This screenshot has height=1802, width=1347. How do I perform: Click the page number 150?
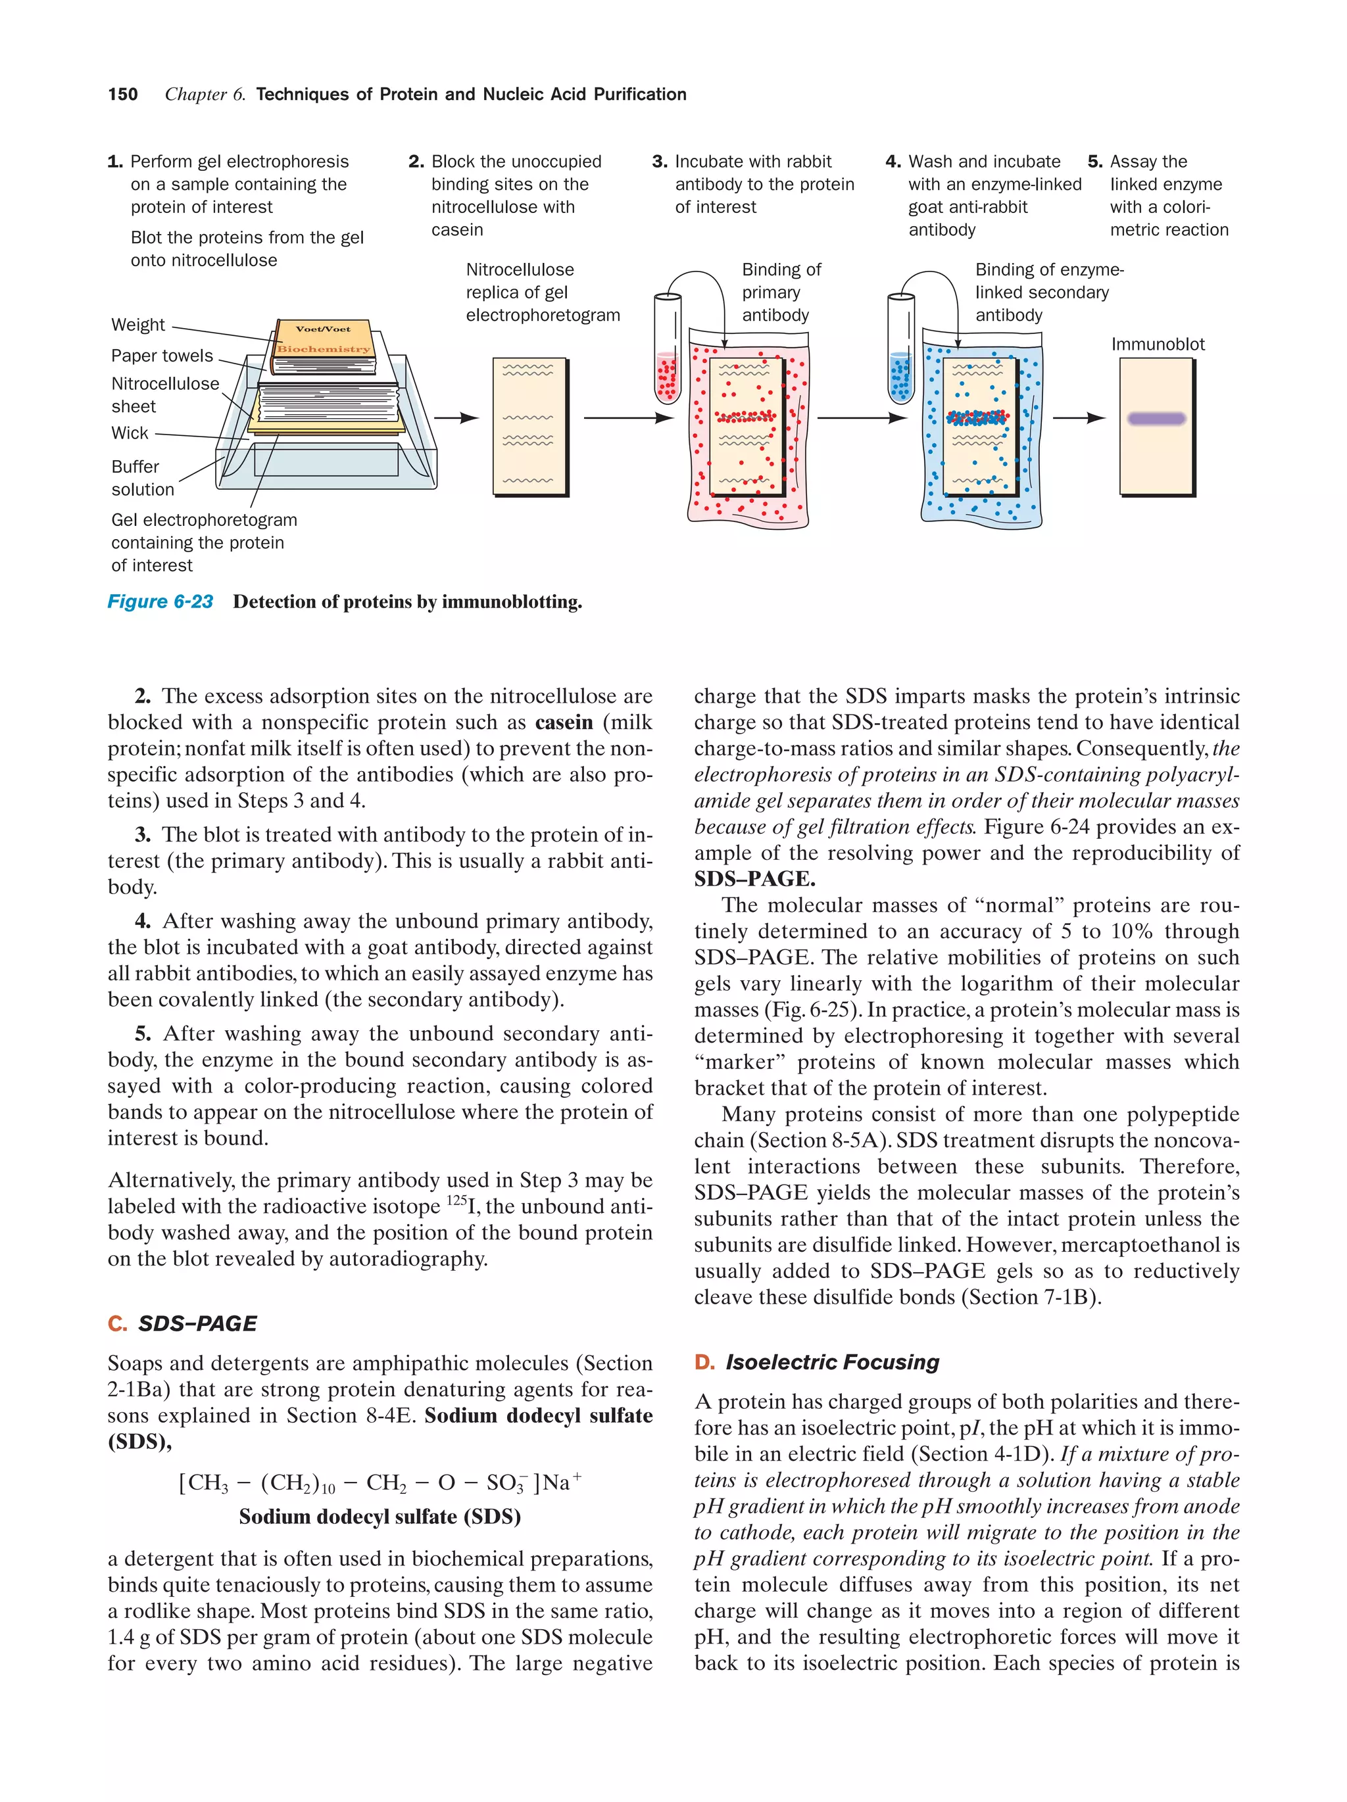(x=122, y=95)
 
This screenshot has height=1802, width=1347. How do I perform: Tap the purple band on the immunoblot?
(x=1156, y=419)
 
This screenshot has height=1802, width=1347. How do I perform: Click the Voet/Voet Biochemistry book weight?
(x=324, y=340)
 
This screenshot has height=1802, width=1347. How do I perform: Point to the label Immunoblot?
(x=1157, y=344)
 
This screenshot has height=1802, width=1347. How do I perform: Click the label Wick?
(x=130, y=433)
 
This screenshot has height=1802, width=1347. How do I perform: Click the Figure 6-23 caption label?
(x=160, y=602)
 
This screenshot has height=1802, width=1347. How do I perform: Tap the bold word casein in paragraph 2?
(x=564, y=723)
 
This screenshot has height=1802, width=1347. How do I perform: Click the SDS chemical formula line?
(x=380, y=1482)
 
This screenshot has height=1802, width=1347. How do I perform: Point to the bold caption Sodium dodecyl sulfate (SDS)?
(x=380, y=1517)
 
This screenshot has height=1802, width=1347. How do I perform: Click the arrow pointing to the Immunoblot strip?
(x=1077, y=419)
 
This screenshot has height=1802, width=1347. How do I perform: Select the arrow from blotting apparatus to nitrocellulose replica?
(x=456, y=419)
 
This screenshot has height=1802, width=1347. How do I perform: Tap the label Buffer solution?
(x=142, y=478)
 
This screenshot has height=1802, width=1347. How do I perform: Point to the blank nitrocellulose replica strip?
(x=529, y=427)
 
